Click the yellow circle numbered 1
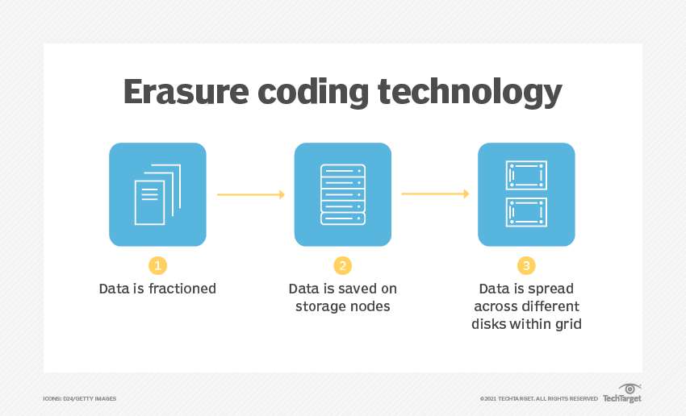(x=157, y=265)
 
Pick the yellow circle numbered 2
(x=342, y=265)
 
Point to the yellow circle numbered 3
(x=526, y=265)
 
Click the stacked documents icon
(x=157, y=194)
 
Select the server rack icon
(x=342, y=194)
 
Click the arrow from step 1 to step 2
(x=250, y=194)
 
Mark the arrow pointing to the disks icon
(x=435, y=193)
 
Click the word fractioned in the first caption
(x=183, y=288)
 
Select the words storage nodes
(x=342, y=306)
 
